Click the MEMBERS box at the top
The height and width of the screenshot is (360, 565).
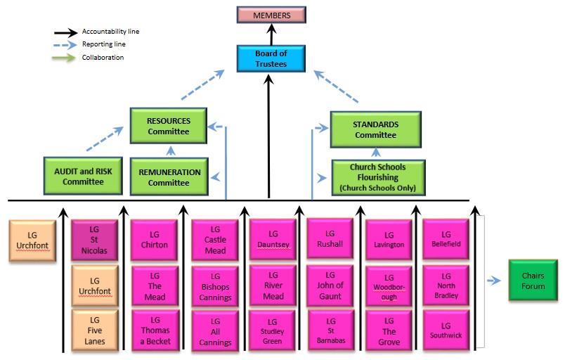(x=271, y=15)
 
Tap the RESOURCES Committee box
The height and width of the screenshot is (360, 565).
(x=168, y=126)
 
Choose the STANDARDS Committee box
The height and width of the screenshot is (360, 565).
(x=375, y=129)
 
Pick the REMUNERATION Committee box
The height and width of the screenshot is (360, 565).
(x=169, y=176)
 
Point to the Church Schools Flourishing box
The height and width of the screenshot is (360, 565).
(x=378, y=177)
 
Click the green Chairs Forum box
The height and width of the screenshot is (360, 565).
(x=533, y=281)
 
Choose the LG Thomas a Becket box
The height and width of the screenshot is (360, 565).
(x=155, y=330)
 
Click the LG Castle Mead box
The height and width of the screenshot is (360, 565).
(x=215, y=240)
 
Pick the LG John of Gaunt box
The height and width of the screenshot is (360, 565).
(x=330, y=285)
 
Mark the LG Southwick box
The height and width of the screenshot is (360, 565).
(x=446, y=330)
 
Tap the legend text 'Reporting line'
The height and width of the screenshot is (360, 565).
(x=104, y=44)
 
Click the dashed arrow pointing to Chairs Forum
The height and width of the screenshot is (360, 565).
(x=494, y=281)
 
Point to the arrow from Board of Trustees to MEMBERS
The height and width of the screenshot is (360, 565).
(x=271, y=35)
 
